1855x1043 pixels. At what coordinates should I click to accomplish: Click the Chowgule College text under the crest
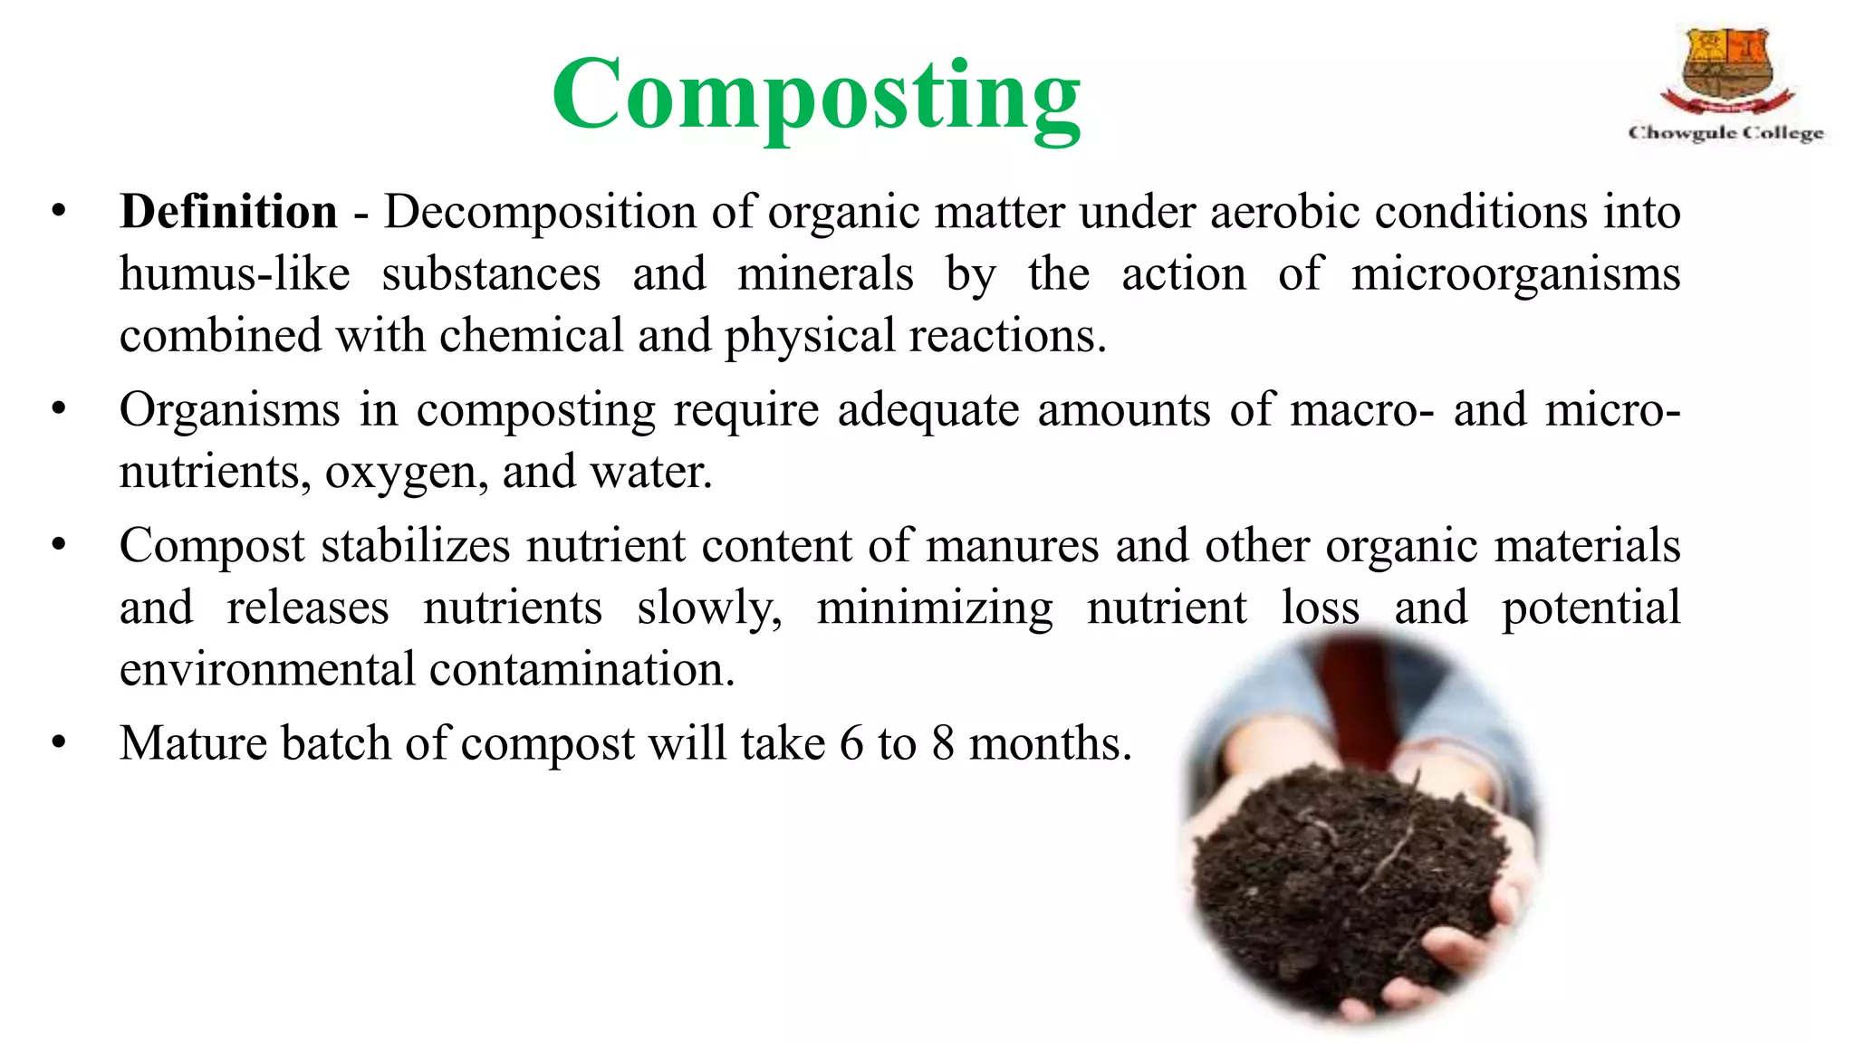point(1726,133)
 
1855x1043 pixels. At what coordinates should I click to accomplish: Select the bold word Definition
point(228,213)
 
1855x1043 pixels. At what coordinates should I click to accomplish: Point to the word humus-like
point(235,274)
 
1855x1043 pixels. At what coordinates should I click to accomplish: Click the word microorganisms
point(1515,274)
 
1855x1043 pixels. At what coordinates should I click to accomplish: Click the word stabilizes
point(416,546)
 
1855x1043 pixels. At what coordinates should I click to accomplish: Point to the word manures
point(1012,546)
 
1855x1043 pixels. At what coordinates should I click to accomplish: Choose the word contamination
point(581,670)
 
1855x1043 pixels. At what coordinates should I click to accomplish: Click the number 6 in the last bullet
point(851,743)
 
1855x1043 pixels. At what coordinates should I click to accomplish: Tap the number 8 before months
point(943,743)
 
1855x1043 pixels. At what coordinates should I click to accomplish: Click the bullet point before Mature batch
point(59,743)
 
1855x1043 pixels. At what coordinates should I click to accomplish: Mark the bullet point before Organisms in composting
point(59,410)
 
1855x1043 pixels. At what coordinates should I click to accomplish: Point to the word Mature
point(192,743)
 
